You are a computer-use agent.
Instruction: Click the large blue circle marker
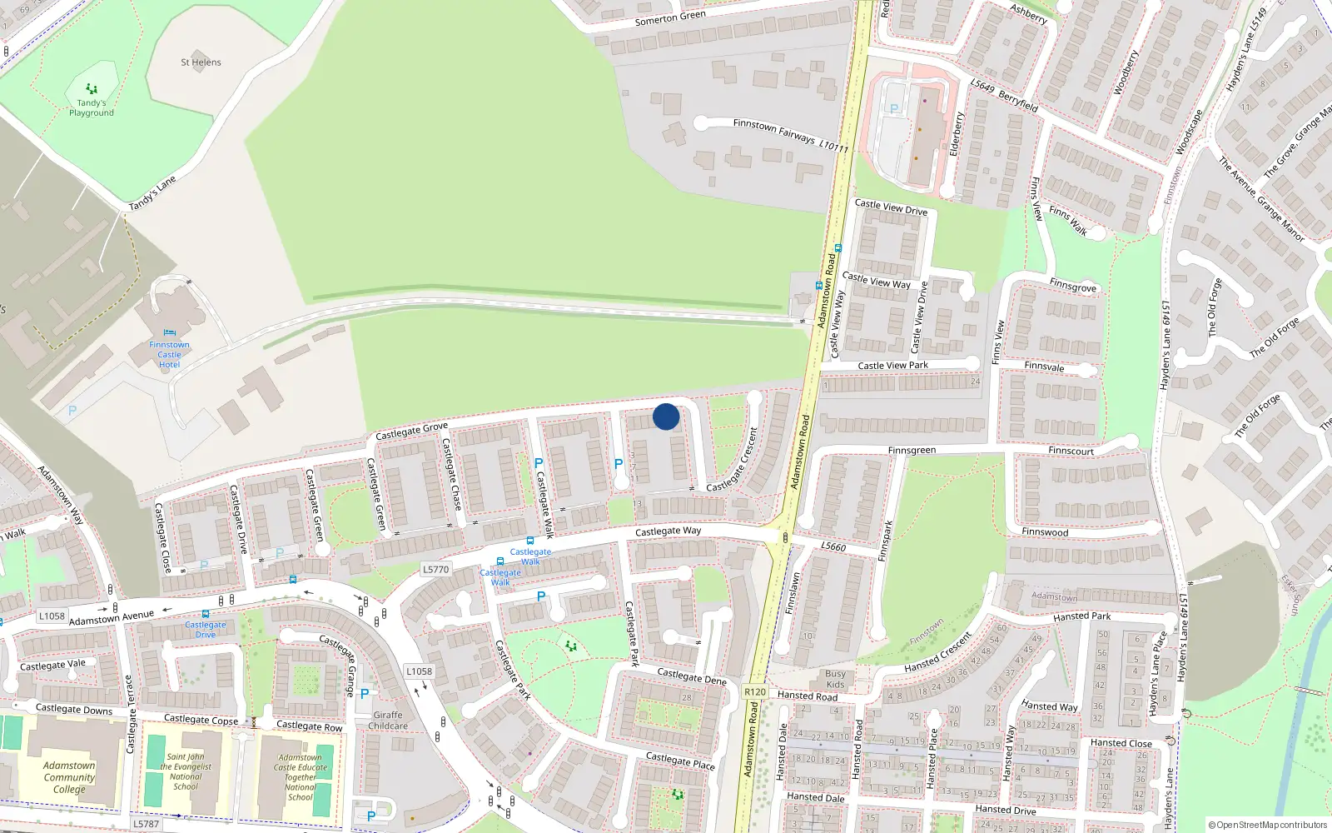[x=666, y=416]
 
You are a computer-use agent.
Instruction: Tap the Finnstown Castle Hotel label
[x=169, y=354]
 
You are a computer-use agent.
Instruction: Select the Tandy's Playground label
[x=92, y=107]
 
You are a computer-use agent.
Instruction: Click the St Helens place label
[x=201, y=62]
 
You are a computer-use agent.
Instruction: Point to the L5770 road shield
[x=435, y=570]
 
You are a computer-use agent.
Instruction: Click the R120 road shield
[x=755, y=692]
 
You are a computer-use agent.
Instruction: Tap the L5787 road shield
[x=146, y=824]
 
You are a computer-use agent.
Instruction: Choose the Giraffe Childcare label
[x=389, y=721]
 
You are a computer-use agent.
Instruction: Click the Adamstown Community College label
[x=69, y=777]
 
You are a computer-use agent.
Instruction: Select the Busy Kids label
[x=836, y=679]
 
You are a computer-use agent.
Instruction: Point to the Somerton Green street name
[x=670, y=18]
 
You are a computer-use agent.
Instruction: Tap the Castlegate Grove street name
[x=411, y=431]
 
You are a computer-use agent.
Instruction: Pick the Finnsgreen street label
[x=912, y=451]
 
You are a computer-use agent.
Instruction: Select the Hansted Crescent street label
[x=939, y=652]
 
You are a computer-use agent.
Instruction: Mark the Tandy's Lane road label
[x=152, y=194]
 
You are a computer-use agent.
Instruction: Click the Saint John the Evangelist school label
[x=186, y=771]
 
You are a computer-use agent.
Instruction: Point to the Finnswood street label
[x=1045, y=532]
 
